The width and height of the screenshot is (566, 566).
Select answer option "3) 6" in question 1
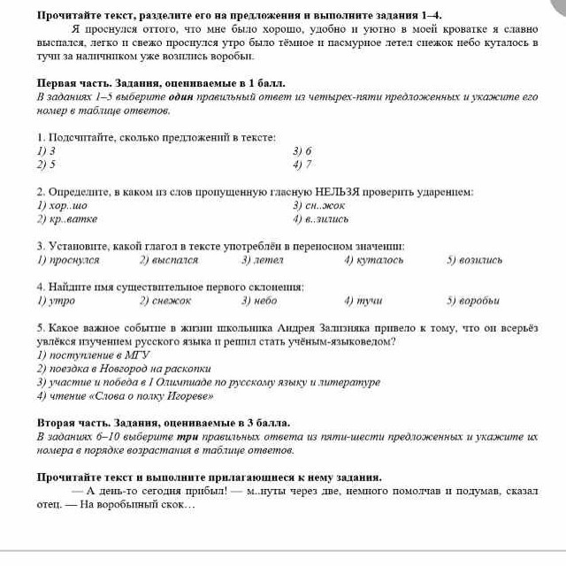pyautogui.click(x=302, y=151)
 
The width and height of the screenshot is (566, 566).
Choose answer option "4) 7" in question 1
pyautogui.click(x=302, y=164)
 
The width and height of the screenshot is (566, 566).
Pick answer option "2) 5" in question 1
pyautogui.click(x=47, y=164)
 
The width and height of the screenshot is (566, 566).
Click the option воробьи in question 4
pyautogui.click(x=479, y=301)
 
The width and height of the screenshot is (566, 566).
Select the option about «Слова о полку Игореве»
pyautogui.click(x=116, y=395)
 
